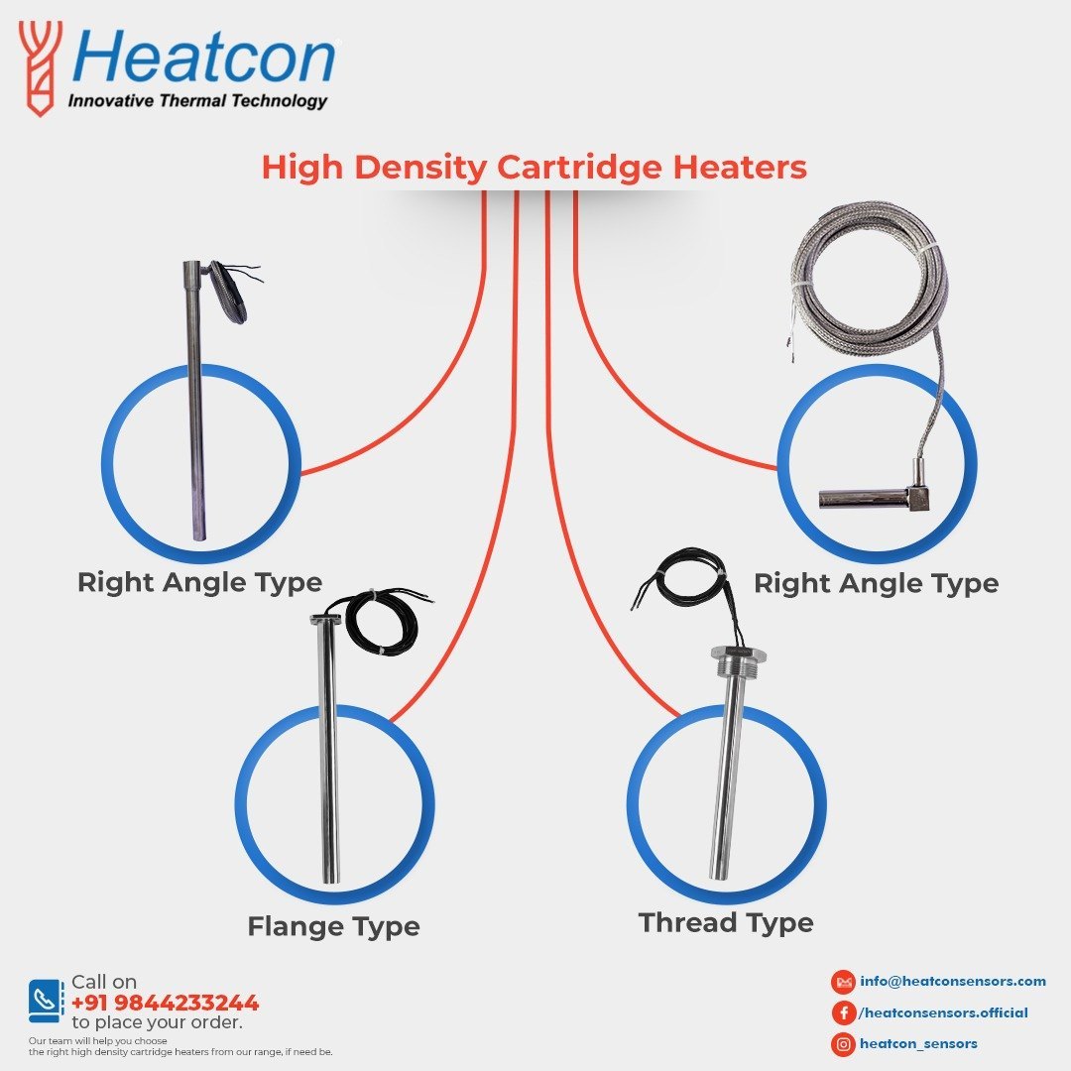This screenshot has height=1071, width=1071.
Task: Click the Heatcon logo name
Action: (204, 59)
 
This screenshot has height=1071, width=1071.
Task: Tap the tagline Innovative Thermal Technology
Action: (196, 100)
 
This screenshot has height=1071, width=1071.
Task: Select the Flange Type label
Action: (333, 926)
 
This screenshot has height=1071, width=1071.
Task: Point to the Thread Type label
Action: (726, 922)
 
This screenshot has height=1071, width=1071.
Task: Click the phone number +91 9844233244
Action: (165, 1002)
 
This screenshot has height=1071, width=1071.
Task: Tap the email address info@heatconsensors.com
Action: (953, 981)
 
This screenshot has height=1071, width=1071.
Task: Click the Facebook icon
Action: (844, 1012)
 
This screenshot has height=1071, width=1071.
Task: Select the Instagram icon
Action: (844, 1043)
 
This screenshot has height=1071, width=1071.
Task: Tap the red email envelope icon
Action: (844, 982)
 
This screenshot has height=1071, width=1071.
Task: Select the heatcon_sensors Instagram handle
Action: (918, 1043)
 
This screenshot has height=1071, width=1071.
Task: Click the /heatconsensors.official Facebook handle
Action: (942, 1012)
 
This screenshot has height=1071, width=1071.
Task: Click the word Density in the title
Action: (420, 168)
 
